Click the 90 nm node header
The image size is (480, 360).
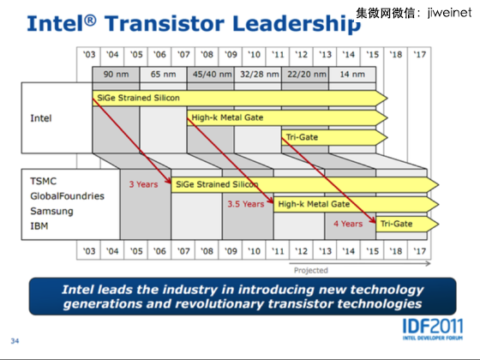click(116, 75)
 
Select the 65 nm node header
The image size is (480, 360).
click(163, 75)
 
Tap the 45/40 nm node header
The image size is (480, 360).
click(212, 75)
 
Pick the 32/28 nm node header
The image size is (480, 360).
click(259, 75)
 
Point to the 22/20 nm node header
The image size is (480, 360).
click(307, 75)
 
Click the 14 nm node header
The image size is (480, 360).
click(352, 75)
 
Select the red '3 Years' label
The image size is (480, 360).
click(144, 184)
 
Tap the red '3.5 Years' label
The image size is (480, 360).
click(246, 204)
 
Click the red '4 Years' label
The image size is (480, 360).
click(348, 224)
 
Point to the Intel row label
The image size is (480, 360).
click(41, 118)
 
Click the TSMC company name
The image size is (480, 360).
click(44, 181)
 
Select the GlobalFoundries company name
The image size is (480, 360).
click(68, 196)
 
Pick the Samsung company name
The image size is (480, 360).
click(51, 211)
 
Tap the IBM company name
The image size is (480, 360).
click(39, 226)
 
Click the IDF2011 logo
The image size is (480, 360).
click(433, 329)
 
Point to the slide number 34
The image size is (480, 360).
click(15, 341)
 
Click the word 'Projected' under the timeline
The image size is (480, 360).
click(311, 270)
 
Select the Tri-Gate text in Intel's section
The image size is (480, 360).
click(302, 137)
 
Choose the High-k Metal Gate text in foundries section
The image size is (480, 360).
click(314, 204)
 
